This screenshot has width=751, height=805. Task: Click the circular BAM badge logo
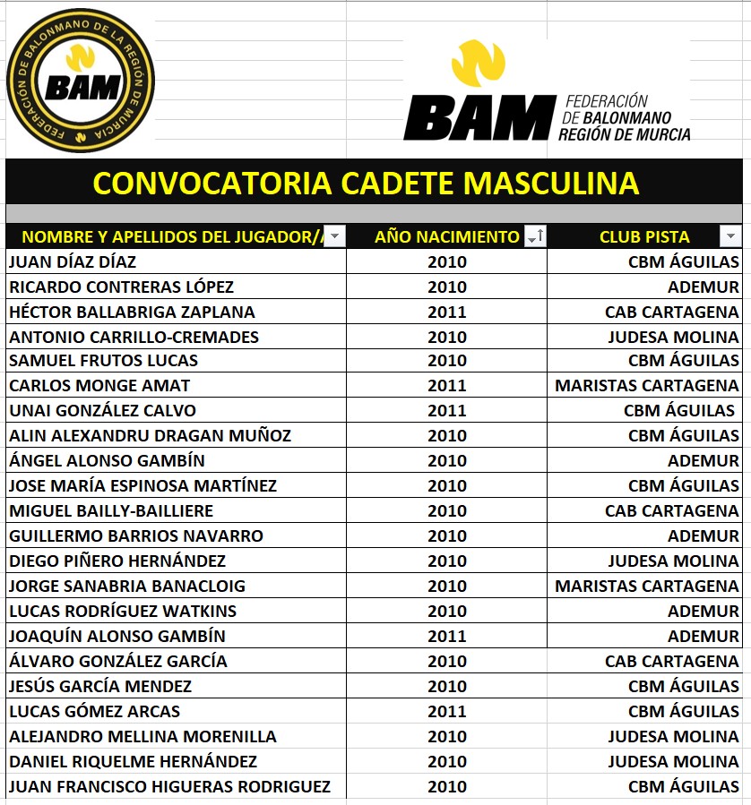[x=81, y=81]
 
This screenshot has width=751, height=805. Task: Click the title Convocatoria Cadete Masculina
[x=366, y=184]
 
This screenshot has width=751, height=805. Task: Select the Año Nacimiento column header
[x=446, y=236]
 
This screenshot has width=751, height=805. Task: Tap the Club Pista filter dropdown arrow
[x=729, y=236]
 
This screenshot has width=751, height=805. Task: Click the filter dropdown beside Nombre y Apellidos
[x=334, y=236]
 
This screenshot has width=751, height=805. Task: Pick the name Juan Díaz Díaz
[x=73, y=262]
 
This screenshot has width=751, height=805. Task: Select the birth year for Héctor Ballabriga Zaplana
[x=446, y=313]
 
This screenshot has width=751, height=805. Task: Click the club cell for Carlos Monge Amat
[x=646, y=386]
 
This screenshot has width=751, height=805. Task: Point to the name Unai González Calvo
[x=102, y=411]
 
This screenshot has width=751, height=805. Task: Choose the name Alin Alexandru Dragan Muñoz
[x=150, y=436]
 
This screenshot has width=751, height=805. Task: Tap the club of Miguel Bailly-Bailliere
[x=671, y=511]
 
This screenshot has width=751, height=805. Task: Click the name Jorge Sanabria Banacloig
[x=126, y=587]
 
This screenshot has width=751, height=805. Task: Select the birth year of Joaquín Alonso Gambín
[x=446, y=637]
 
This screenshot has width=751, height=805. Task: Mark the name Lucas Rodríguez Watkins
[x=123, y=612]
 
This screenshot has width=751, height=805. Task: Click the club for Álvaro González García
[x=671, y=662]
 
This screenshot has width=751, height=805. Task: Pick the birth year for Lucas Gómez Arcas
[x=446, y=712]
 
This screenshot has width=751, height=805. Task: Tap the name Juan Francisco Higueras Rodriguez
[x=169, y=787]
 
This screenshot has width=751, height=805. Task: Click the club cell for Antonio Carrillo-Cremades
[x=673, y=338]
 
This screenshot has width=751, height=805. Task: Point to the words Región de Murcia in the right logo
[x=624, y=134]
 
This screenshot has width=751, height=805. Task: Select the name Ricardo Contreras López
[x=121, y=287]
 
